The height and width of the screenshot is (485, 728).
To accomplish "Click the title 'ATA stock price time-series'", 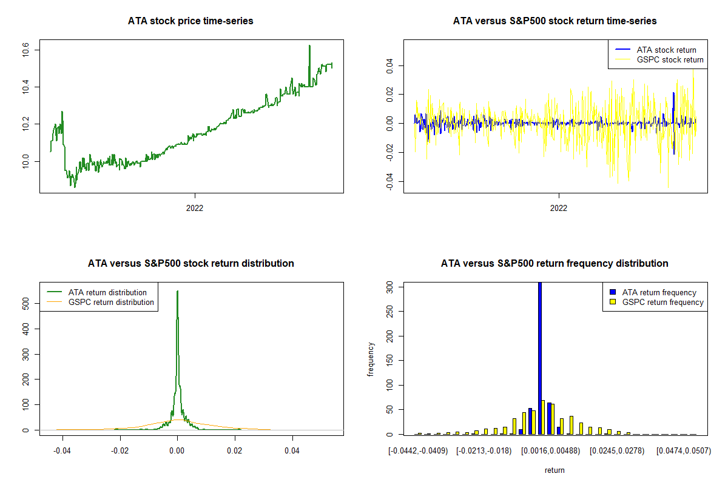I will (x=190, y=21).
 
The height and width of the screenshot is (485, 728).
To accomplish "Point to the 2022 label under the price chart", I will (x=195, y=208).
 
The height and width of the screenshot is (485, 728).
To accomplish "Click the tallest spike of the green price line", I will (x=309, y=46).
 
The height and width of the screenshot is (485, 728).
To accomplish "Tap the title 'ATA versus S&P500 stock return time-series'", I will (x=554, y=21).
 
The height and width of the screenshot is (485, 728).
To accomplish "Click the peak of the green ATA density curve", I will (x=177, y=292).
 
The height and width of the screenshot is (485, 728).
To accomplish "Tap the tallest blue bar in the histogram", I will (x=540, y=358).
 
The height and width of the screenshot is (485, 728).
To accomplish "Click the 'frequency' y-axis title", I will (x=371, y=358).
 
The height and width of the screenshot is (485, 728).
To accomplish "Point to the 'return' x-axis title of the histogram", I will (x=554, y=470).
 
